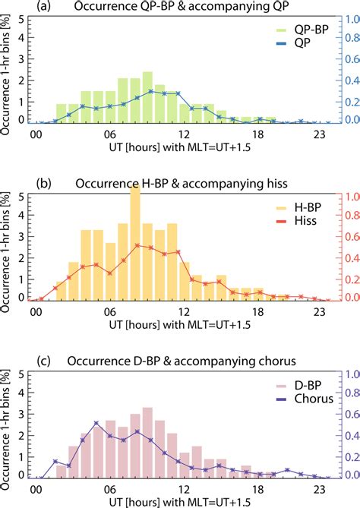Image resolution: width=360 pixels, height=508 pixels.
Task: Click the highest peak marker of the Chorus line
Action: click(x=96, y=423)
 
